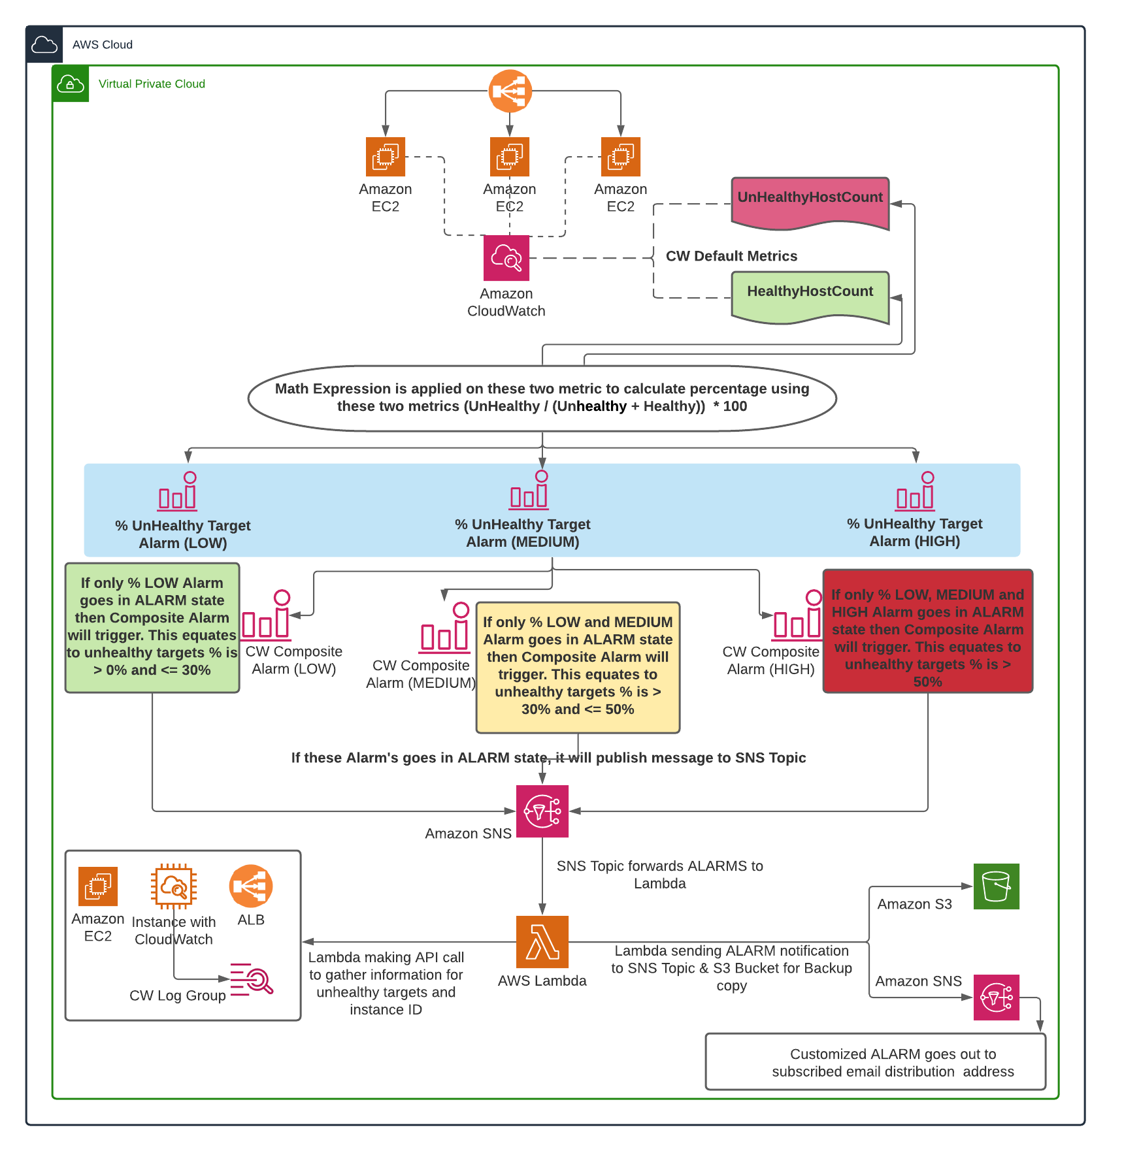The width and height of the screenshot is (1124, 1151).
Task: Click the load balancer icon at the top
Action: pos(510,91)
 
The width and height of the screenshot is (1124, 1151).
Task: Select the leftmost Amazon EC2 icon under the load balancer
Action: pos(386,157)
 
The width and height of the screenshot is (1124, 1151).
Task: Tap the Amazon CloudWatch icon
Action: pos(506,258)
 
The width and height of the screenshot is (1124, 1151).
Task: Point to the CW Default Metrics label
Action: pos(731,256)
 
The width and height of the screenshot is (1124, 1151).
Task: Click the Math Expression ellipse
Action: pos(542,398)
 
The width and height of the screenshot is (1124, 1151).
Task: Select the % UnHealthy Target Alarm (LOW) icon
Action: pos(178,491)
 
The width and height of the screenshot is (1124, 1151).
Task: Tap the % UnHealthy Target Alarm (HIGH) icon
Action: pos(916,491)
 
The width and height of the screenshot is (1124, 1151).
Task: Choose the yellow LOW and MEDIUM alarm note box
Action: pos(578,666)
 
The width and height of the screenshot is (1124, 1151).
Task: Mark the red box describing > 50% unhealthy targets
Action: pos(927,631)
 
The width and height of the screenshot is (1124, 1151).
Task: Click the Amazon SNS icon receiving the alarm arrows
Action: pos(542,811)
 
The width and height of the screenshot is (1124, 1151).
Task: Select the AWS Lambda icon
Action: pos(542,941)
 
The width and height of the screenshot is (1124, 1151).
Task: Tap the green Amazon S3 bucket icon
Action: pos(996,886)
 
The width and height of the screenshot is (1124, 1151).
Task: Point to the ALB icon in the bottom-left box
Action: pos(251,886)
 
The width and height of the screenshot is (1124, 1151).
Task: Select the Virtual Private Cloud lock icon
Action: pos(71,84)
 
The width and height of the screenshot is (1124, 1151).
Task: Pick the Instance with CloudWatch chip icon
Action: pos(174,886)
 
